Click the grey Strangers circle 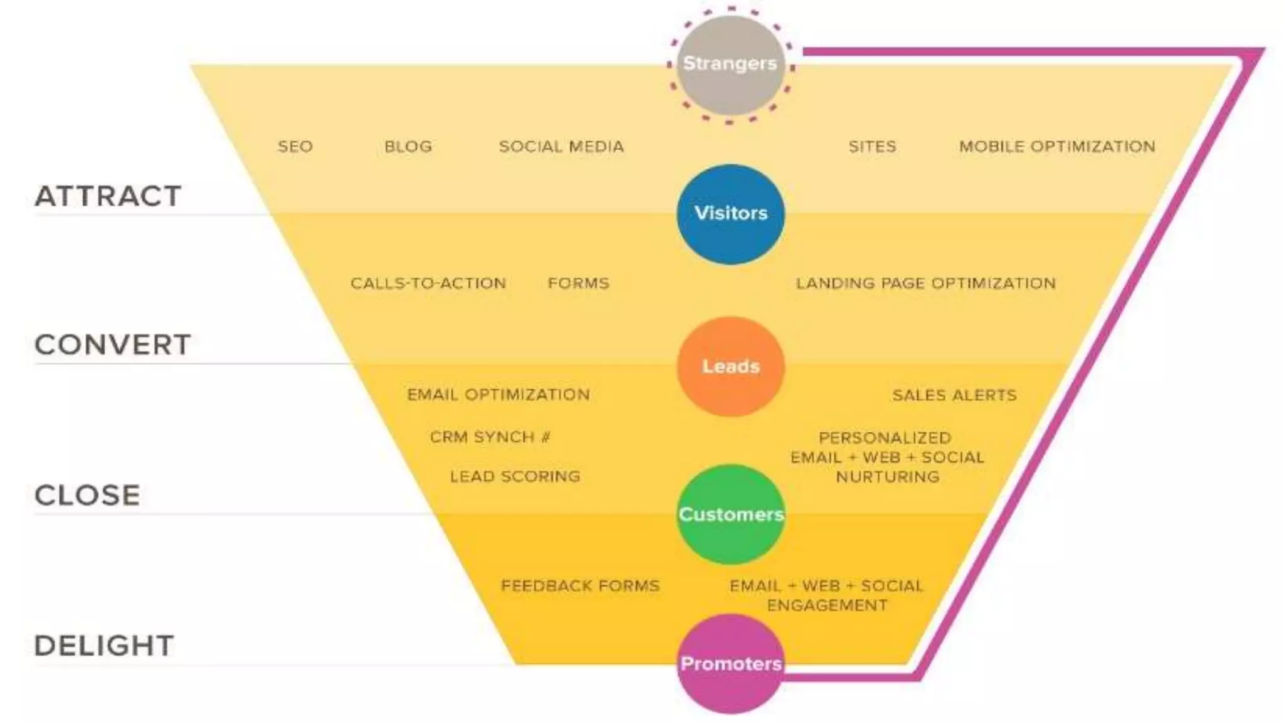(x=730, y=65)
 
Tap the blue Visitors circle (x=730, y=214)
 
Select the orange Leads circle (x=730, y=367)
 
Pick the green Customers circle (x=730, y=515)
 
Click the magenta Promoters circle (x=730, y=664)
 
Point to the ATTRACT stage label (x=108, y=196)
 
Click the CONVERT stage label (x=113, y=345)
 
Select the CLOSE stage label (x=88, y=495)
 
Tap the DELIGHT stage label (x=104, y=646)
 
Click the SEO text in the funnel (x=295, y=147)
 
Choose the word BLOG (x=408, y=147)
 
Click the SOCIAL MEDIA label (x=561, y=147)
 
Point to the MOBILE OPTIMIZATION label (x=1057, y=147)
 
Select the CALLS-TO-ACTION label (x=428, y=283)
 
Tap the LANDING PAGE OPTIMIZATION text (x=926, y=283)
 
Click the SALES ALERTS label (x=954, y=395)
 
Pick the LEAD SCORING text (x=515, y=476)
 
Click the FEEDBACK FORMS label (x=580, y=586)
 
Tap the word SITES (x=872, y=147)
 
